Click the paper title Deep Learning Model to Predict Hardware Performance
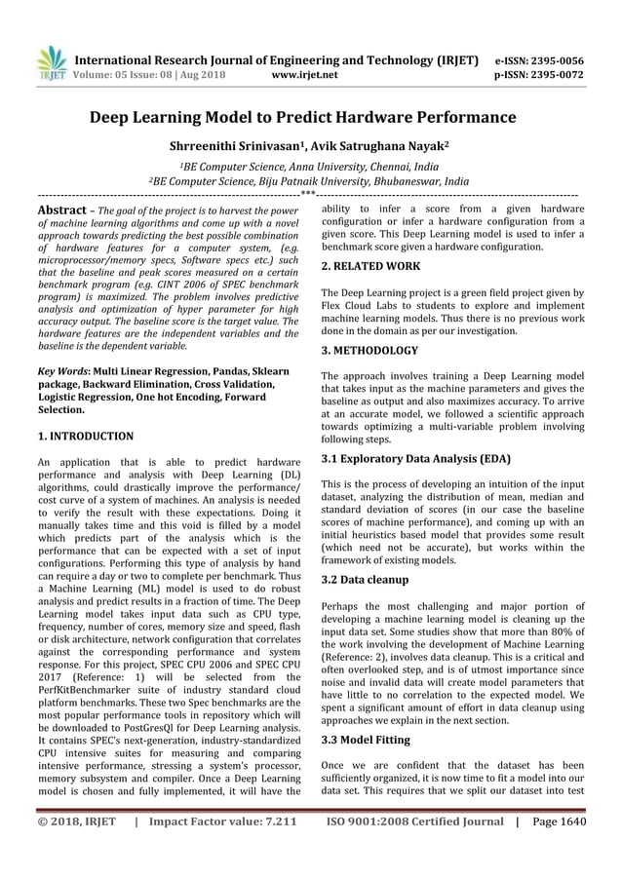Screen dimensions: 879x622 click(x=310, y=118)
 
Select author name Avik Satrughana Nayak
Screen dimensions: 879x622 click(x=379, y=147)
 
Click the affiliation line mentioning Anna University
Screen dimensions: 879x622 click(x=310, y=167)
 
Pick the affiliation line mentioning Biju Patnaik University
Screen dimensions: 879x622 click(x=310, y=181)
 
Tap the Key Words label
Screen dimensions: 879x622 click(x=62, y=371)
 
